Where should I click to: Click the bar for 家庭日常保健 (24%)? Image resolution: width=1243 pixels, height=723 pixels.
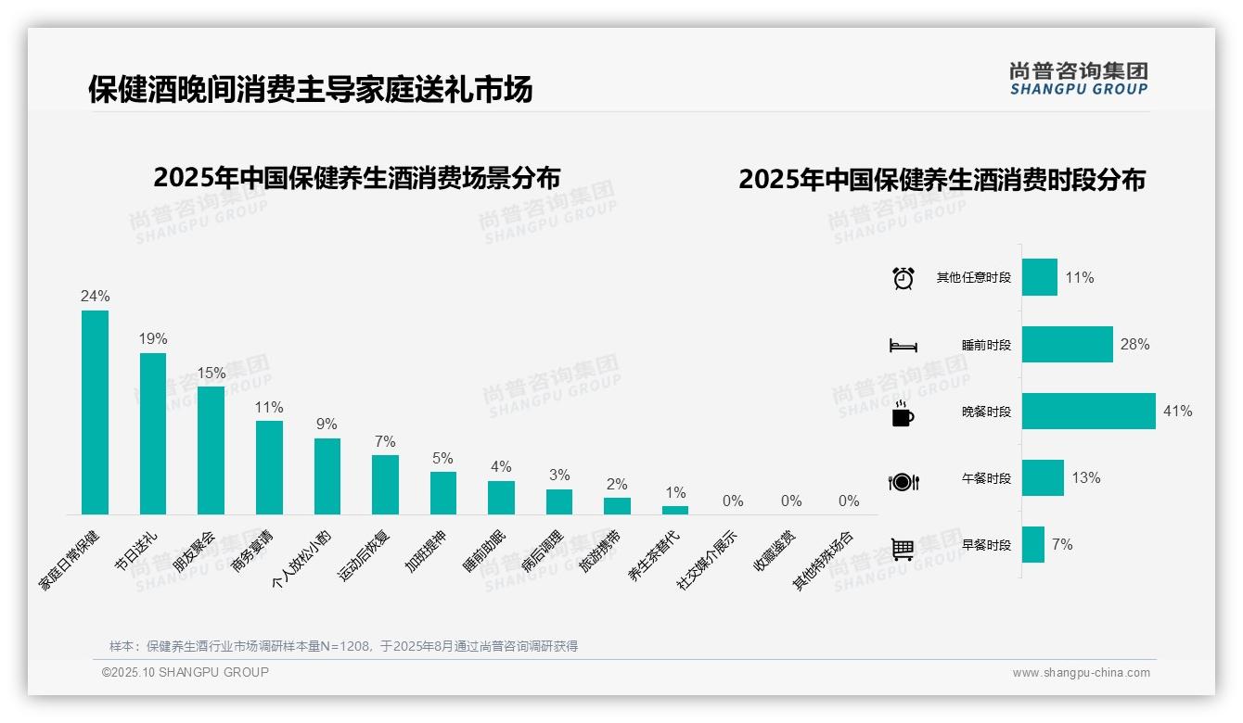(95, 412)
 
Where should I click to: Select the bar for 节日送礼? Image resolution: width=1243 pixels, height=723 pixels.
(153, 434)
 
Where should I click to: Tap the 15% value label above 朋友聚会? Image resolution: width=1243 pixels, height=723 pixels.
(211, 374)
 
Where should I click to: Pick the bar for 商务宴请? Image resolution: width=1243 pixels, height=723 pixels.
(269, 467)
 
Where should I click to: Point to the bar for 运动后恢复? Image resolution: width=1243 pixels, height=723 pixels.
(385, 484)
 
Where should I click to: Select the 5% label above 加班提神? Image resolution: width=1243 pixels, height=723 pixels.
(442, 459)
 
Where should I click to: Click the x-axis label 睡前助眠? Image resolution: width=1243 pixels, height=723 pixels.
(485, 551)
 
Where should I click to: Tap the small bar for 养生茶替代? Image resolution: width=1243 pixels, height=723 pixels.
(675, 510)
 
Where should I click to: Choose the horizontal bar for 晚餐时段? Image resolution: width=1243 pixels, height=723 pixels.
(1088, 411)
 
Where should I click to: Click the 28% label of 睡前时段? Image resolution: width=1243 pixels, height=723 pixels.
(1134, 345)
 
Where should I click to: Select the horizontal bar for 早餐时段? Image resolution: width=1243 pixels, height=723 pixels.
(1033, 545)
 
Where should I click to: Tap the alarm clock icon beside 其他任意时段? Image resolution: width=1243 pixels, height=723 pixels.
(903, 278)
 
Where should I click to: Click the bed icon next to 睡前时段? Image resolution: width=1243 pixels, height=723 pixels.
(903, 346)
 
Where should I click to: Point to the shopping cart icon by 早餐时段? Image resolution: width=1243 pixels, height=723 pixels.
(903, 549)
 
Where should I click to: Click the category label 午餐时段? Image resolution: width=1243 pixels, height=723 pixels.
(986, 479)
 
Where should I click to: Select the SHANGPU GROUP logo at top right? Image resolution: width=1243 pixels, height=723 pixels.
(1078, 79)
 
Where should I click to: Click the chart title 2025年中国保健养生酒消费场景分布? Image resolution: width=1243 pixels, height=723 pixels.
(357, 177)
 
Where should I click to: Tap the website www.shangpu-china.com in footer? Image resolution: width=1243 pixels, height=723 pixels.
(1081, 673)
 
